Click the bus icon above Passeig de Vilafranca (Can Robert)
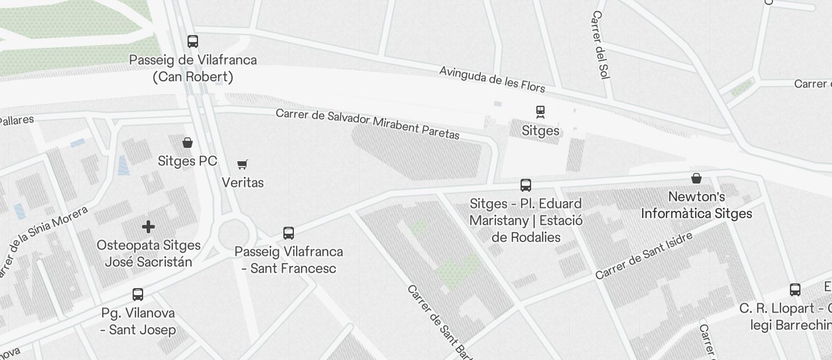[x=193, y=41]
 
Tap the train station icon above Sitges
[x=540, y=112]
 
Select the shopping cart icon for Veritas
[x=242, y=165]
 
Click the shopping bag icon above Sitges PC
[x=188, y=143]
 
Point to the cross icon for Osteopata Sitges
[x=148, y=227]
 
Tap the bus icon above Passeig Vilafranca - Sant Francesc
[x=288, y=233]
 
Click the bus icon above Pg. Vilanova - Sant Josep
[x=138, y=295]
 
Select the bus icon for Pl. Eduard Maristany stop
[x=526, y=185]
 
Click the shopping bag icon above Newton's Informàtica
[x=696, y=178]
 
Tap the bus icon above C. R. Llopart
[x=795, y=290]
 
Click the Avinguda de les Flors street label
[x=492, y=79]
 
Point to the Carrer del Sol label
[x=601, y=53]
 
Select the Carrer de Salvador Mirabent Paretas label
[x=368, y=123]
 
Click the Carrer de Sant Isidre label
[x=644, y=255]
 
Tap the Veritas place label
[x=243, y=183]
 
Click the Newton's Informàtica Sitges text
[x=696, y=205]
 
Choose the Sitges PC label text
[x=188, y=161]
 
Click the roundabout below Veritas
[x=237, y=236]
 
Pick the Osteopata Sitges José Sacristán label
[x=148, y=254]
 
